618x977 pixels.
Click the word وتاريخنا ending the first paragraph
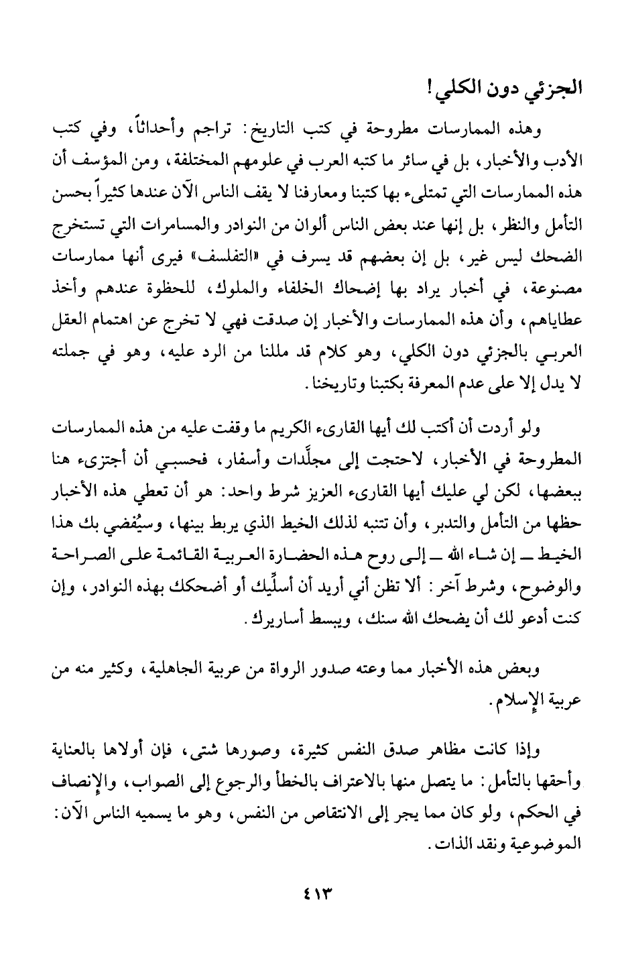[325, 390]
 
